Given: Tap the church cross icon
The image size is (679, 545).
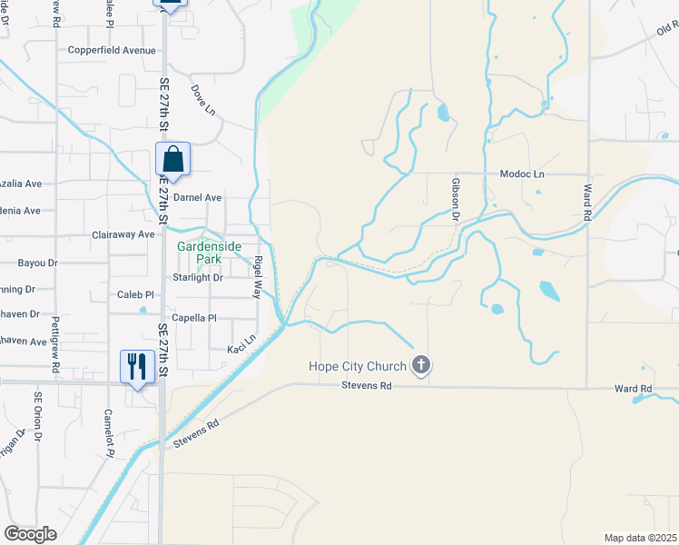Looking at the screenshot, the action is pos(420,365).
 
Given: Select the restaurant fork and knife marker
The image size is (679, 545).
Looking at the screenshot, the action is pos(135,366).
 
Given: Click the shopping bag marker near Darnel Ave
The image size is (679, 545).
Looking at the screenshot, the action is pos(172,160).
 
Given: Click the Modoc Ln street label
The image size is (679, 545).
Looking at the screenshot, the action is pos(522,173).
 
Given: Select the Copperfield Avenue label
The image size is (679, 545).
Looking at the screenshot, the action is pos(112,51).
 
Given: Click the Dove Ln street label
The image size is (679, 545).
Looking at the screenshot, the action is pos(202,100).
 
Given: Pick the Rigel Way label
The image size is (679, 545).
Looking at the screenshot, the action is pos(259,277).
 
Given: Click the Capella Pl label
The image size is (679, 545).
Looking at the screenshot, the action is pos(194,318).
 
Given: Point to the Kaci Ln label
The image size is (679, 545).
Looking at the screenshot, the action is pos(241,343).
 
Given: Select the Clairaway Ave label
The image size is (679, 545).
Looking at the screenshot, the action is pos(123,234).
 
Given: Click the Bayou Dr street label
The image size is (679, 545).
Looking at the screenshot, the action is pos(37,263).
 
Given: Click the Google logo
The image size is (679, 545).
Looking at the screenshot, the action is pos(31,534).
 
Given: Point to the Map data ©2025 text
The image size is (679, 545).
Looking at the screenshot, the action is pos(640,538).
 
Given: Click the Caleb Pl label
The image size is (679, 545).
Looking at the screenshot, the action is pos(136,295).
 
